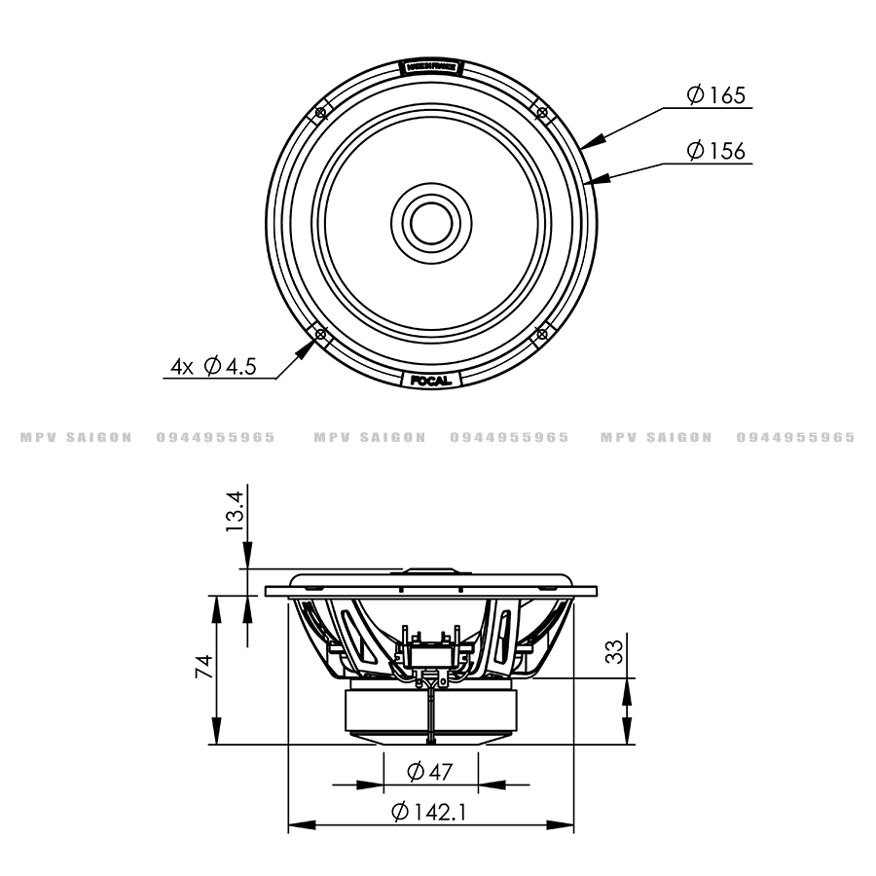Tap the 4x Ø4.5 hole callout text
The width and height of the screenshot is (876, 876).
[213, 366]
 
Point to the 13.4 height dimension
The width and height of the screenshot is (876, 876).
[234, 511]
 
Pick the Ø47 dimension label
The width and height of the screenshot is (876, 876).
[429, 773]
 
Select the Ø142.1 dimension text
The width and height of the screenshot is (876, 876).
[429, 812]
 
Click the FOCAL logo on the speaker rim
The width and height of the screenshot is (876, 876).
[429, 380]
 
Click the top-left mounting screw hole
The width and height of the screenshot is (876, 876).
[319, 114]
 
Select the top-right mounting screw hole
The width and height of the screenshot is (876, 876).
[541, 114]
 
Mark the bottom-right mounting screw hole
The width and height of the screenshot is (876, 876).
[541, 334]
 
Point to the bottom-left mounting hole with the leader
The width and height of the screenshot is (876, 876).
[319, 334]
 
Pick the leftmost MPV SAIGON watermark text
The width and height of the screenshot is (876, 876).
[76, 437]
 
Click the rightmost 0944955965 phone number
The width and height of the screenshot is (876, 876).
[796, 437]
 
